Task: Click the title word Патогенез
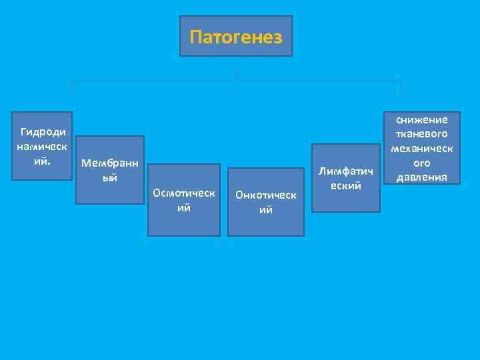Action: [236, 36]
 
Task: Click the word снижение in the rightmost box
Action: [423, 119]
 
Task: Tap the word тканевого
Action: [423, 134]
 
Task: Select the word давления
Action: [423, 177]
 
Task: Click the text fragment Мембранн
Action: [109, 163]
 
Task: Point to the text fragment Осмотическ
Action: [183, 193]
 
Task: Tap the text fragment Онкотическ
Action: [265, 195]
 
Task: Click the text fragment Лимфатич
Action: [345, 171]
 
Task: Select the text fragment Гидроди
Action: [43, 132]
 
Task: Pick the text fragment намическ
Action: [43, 147]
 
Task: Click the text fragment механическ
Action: [423, 149]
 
